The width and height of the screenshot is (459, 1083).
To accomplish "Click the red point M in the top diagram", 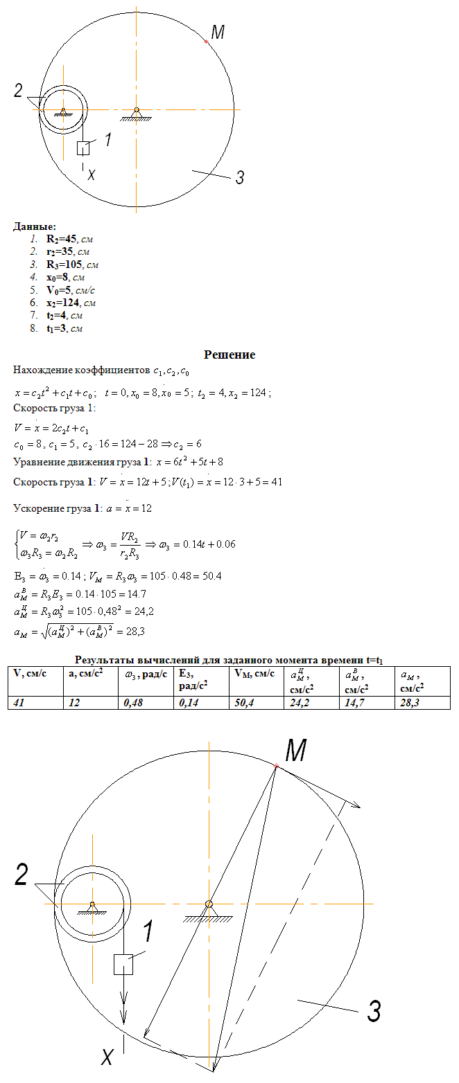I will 207,42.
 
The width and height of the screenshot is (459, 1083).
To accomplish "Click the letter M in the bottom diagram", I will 296,750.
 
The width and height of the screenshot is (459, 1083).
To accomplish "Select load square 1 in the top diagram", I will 84,147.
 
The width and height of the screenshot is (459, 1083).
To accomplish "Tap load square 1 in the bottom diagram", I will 123,964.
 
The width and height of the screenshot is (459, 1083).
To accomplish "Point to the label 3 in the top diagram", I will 239,178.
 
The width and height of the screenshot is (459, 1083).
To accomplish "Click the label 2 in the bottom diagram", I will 22,877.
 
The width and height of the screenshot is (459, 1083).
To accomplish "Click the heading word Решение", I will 230,355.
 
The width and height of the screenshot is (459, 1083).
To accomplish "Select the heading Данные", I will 35,226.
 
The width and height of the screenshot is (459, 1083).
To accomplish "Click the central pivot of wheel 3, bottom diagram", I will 209,904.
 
